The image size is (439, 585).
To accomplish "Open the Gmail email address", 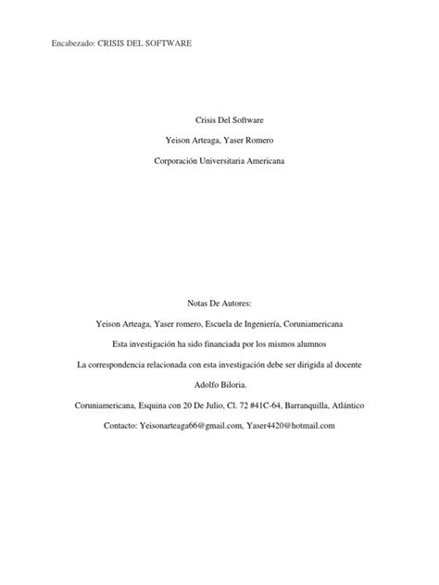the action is tap(190, 425).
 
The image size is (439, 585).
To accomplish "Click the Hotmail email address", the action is tap(290, 425).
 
